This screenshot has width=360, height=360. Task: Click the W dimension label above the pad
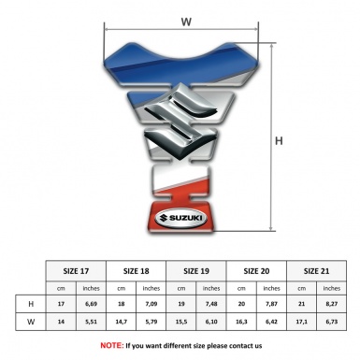point(186,22)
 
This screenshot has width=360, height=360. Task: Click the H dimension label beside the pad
point(279,141)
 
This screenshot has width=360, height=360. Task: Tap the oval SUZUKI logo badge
point(180,218)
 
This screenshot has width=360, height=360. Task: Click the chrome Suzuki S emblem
point(180,122)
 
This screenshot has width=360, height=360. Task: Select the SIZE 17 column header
point(76,271)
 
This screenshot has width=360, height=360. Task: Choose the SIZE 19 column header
point(196,271)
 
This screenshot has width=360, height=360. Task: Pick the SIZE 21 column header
point(316,271)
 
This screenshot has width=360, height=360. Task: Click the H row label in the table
point(31,304)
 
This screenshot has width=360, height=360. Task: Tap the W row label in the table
point(31,322)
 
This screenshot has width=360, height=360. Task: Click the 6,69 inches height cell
point(91,304)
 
